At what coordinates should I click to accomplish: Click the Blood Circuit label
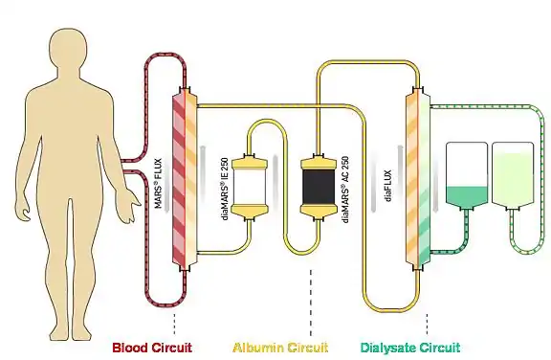(x=156, y=347)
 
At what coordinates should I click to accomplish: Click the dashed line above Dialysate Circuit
(x=425, y=321)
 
